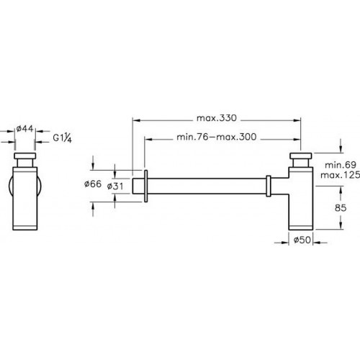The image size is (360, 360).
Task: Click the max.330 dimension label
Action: pos(217,118)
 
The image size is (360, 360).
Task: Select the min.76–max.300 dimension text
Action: pos(217,137)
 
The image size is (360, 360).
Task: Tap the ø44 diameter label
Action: pos(24,129)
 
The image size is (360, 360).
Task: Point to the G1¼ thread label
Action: pos(63,138)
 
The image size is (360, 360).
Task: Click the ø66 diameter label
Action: pos(93,184)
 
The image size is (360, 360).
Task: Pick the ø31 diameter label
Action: pos(115,186)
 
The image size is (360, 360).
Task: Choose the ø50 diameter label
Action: pos(302,240)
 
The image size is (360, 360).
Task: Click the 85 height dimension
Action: pos(341,208)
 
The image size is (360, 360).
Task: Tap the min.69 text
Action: pos(341,165)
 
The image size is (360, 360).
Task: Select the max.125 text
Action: pos(341,175)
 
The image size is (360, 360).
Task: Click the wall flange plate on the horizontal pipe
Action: pos(145,186)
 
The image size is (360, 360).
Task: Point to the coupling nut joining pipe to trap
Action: pos(269,186)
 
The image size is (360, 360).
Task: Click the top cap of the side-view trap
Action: pos(301,156)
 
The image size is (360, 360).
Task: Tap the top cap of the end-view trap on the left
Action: pos(24,156)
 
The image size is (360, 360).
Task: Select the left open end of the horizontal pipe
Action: pos(132,186)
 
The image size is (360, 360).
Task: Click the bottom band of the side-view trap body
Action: pos(301,228)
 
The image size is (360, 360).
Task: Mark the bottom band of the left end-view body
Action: pos(24,228)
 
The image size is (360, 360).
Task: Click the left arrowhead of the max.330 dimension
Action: pos(136,120)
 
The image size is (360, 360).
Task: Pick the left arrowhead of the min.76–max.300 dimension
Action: pos(148,139)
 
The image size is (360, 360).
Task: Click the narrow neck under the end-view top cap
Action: pos(24,163)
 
